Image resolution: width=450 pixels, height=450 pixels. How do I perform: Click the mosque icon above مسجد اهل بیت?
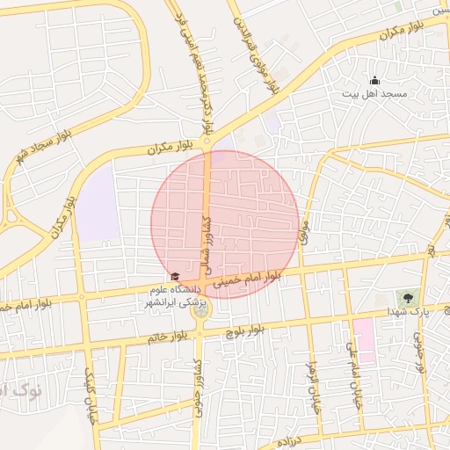click(x=375, y=80)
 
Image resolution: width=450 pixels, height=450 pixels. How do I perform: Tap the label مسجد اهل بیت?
click(x=376, y=93)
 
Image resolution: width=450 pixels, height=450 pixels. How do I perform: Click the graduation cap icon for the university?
click(x=174, y=277)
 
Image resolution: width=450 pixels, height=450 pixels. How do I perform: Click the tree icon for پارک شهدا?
click(x=408, y=298)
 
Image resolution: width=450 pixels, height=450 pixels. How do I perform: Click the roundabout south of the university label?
click(x=201, y=311)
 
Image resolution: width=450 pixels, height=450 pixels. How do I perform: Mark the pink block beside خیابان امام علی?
click(x=364, y=340)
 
